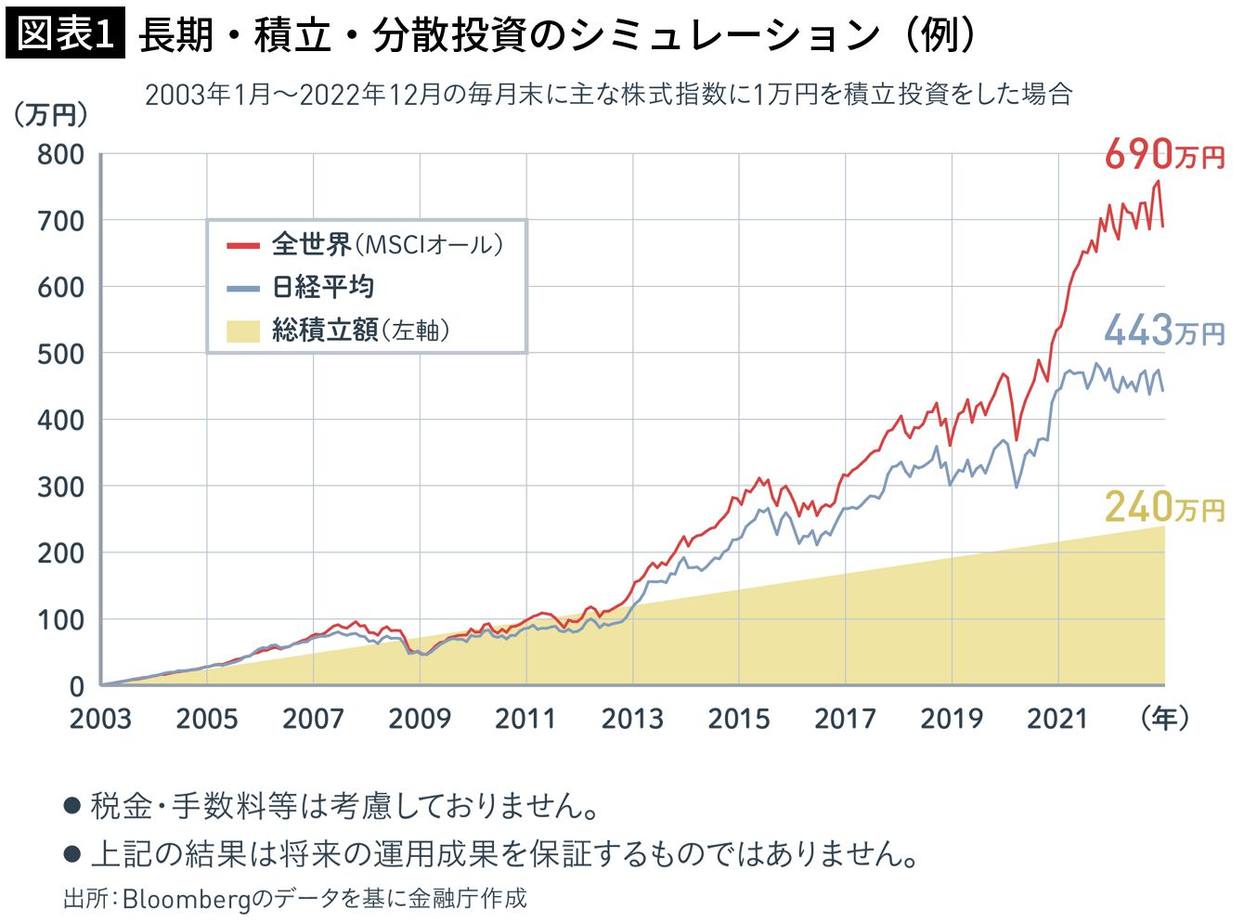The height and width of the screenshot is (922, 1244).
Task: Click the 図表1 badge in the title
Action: point(65,35)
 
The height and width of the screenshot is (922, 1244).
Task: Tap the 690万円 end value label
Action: point(1164,155)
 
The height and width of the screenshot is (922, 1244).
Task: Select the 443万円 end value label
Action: point(1164,331)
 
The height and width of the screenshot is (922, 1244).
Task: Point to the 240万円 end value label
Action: point(1164,507)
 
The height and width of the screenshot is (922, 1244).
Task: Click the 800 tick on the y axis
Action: point(60,154)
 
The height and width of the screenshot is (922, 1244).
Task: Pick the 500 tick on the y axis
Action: point(60,354)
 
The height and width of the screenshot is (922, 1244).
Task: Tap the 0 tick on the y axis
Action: point(76,686)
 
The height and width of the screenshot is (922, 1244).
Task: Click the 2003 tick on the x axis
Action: point(100,719)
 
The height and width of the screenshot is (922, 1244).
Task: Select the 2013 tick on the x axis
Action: point(632,719)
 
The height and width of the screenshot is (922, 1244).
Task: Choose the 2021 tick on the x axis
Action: point(1057,719)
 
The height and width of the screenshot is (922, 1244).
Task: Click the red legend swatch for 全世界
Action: point(243,245)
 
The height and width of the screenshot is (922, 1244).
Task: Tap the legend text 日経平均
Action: point(323,287)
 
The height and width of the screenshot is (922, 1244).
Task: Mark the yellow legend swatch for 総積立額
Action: point(243,331)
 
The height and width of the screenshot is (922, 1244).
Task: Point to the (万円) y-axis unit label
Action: point(51,114)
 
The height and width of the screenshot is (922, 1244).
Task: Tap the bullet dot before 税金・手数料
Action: point(71,805)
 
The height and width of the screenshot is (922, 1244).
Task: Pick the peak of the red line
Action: point(1158,181)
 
